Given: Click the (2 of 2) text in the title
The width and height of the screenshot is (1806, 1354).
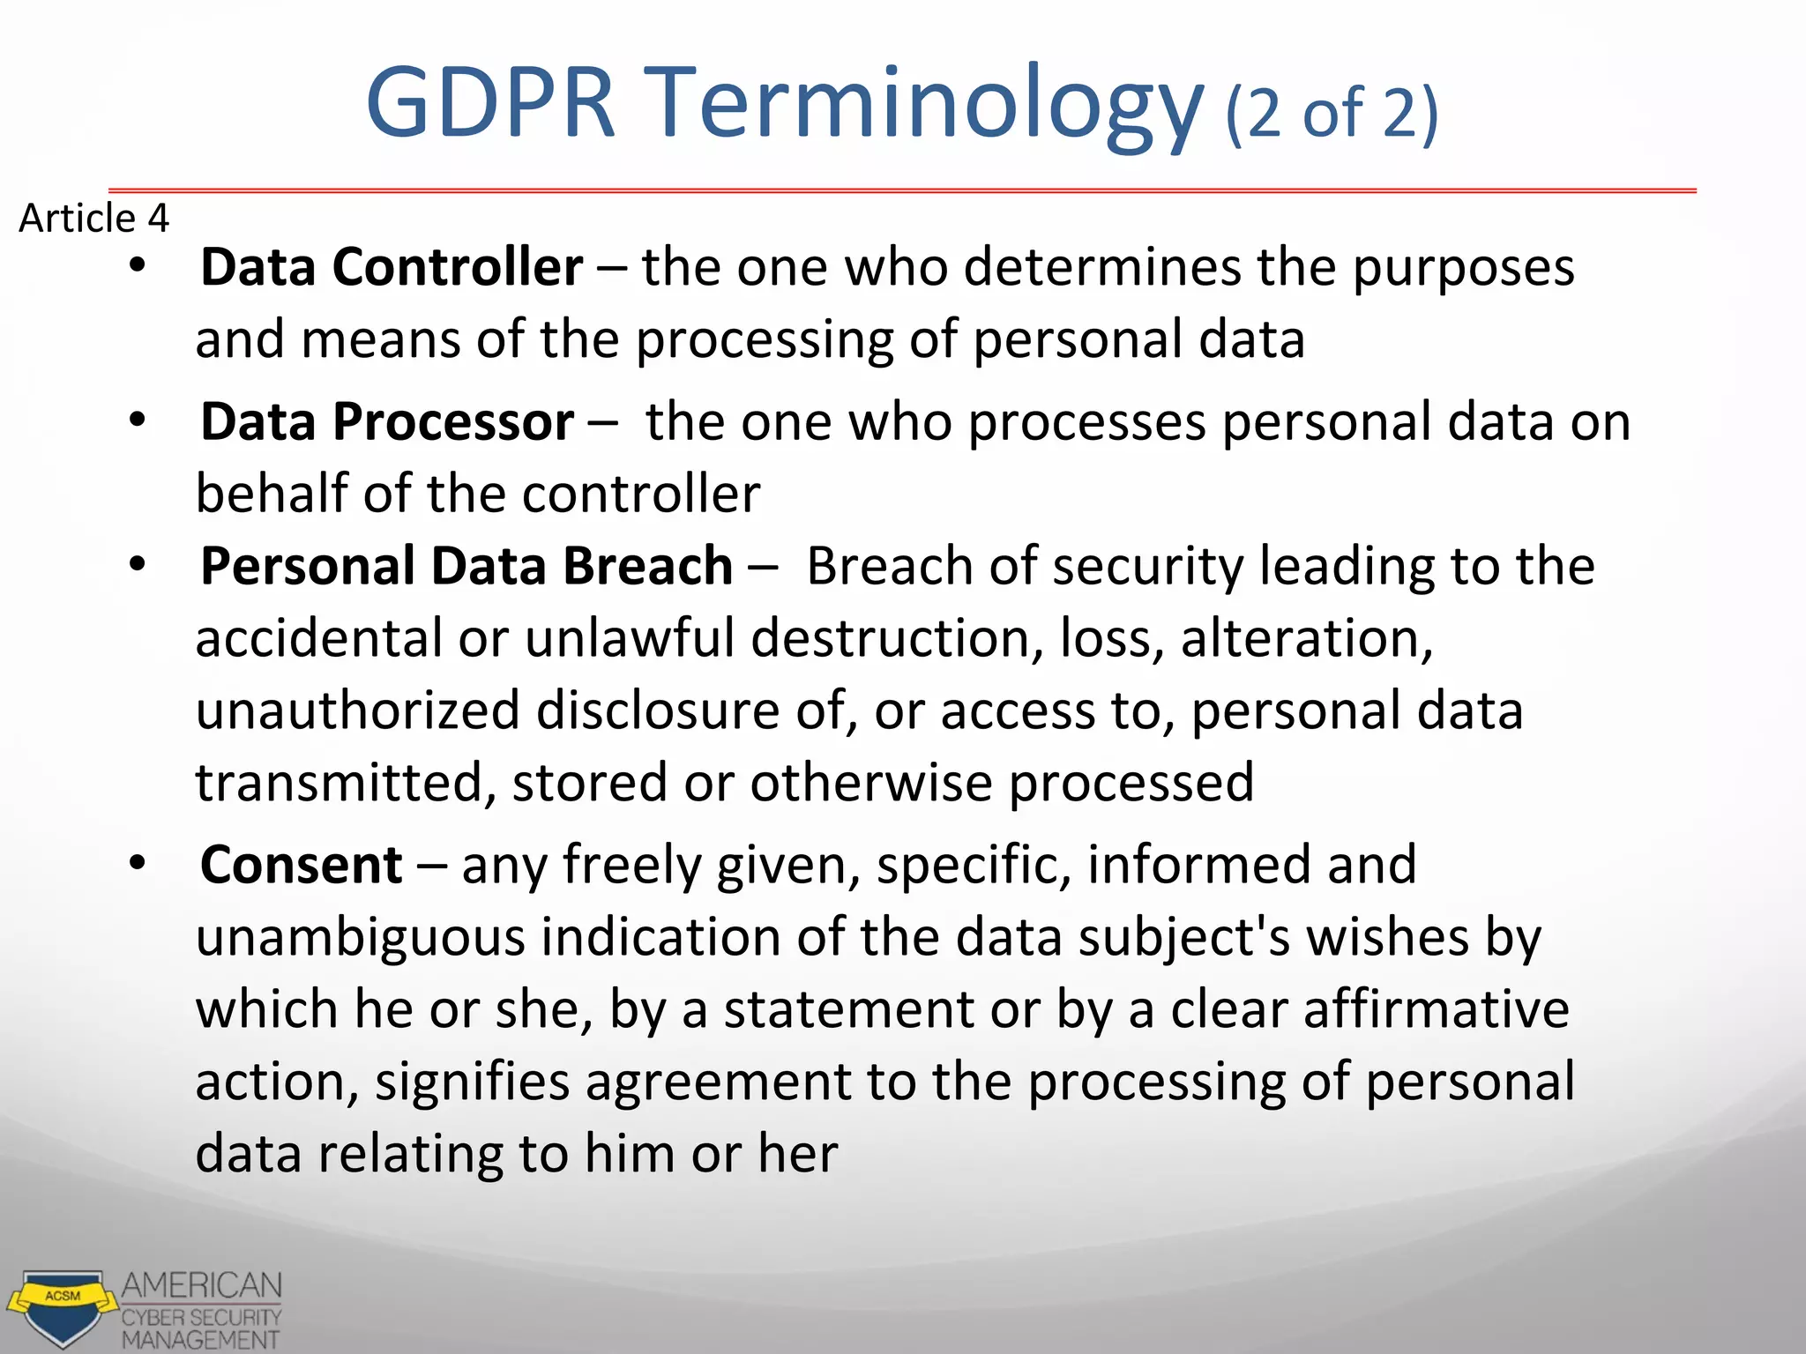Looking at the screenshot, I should point(1332,113).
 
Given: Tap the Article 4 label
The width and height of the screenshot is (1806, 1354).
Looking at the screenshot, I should point(93,219).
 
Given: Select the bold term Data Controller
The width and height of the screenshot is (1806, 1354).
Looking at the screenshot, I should point(391,267).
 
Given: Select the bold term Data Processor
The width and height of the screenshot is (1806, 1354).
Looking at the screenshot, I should point(387,422).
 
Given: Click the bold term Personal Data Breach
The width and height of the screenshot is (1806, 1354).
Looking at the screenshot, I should point(466,566).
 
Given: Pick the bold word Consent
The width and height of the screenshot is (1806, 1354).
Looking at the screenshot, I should point(301,865).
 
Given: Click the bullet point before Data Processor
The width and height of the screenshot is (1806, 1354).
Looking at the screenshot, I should point(137,420).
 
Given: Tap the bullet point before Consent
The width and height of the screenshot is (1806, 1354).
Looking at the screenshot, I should point(137,863).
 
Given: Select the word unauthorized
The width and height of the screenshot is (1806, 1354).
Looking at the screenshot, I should point(357,711).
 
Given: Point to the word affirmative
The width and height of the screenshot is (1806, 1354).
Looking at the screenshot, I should point(1436,1009).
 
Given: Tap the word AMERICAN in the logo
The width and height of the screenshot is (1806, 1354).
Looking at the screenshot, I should point(201,1286).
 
